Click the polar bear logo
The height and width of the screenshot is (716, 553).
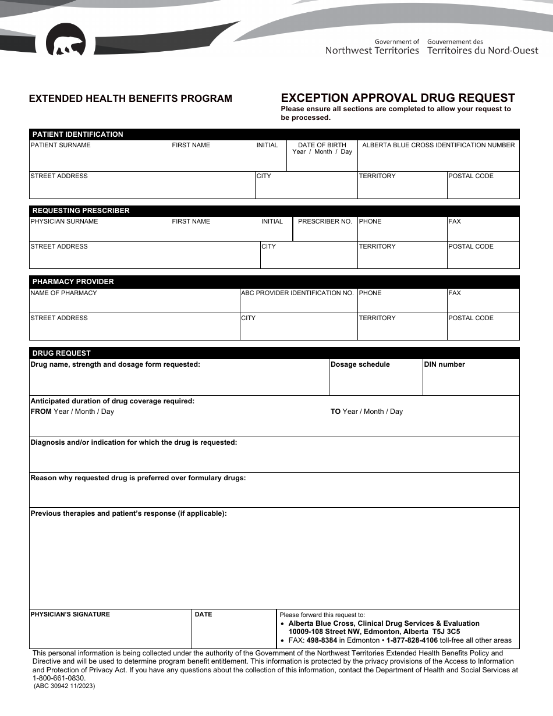[x=65, y=41]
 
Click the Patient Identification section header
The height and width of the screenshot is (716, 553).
[x=77, y=134]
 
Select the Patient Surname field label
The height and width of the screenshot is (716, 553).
[x=61, y=145]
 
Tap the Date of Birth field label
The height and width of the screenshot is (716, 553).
[x=322, y=145]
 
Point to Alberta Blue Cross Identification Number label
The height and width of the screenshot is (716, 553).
[x=438, y=145]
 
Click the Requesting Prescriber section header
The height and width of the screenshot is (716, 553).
[x=81, y=211]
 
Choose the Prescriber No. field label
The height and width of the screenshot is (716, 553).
[x=325, y=221]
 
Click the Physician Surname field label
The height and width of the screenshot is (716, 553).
[x=64, y=221]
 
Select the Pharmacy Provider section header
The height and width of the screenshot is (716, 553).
[x=73, y=282]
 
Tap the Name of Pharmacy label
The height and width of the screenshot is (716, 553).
[x=63, y=293]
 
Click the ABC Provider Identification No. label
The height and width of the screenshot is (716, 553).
[x=297, y=293]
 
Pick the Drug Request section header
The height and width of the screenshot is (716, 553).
[x=62, y=353]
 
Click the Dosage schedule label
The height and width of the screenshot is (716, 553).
[x=360, y=364]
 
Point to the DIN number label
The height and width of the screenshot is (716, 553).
[x=444, y=364]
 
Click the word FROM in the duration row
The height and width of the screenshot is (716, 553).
[x=41, y=412]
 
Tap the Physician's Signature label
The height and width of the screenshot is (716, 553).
[x=70, y=614]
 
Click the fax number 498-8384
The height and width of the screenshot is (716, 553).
[x=321, y=640]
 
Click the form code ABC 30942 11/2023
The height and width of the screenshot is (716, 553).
[x=64, y=686]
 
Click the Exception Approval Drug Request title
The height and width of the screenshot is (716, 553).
[x=398, y=98]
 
